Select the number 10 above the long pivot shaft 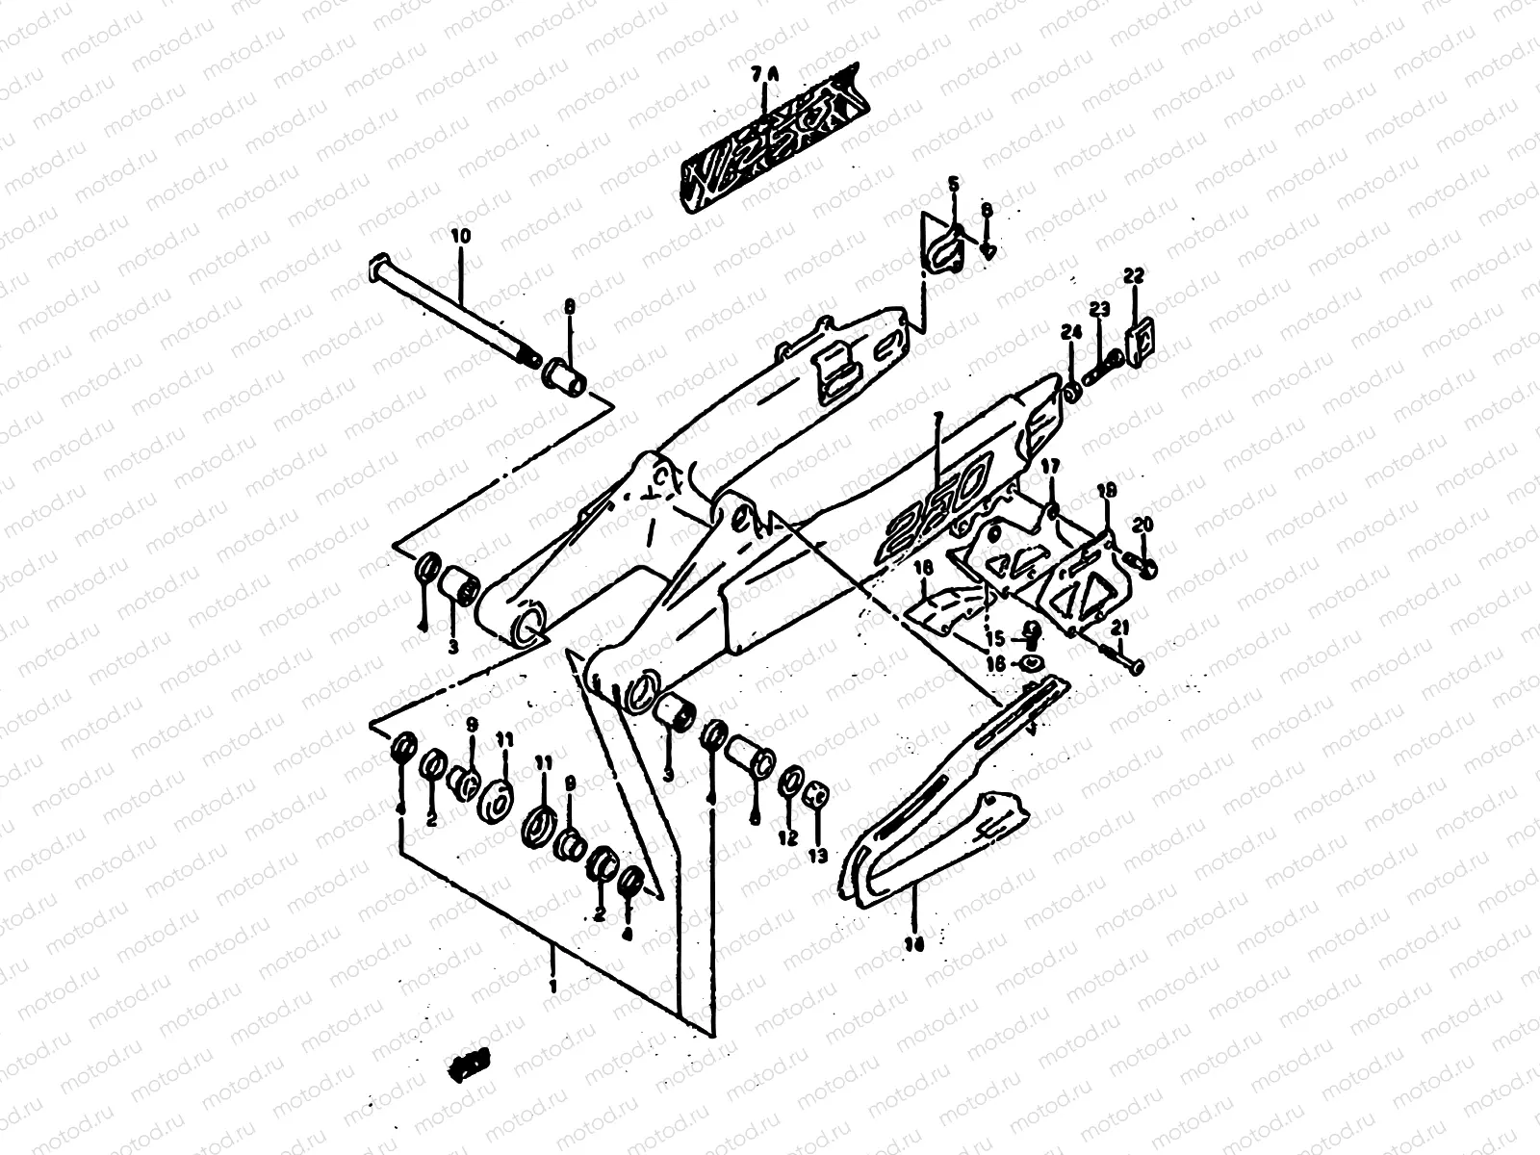(x=459, y=234)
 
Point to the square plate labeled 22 (x=1141, y=339)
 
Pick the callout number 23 (x=1099, y=309)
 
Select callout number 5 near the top (x=953, y=184)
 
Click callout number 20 (x=1142, y=525)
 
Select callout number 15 (x=994, y=638)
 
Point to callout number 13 (x=818, y=855)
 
